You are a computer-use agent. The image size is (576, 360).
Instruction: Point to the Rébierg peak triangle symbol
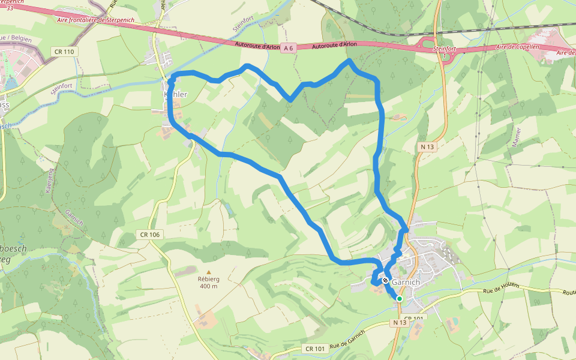pos(209,272)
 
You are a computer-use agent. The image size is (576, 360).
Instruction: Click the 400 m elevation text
pos(209,286)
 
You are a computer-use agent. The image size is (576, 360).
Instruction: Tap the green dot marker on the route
pos(399,298)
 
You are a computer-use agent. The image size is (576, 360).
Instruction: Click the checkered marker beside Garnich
pos(385,280)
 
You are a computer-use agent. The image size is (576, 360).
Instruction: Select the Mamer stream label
pos(515,139)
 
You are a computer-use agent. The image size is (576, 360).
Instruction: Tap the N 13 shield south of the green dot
pos(400,323)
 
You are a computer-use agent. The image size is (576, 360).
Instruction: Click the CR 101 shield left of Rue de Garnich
pos(315,349)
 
